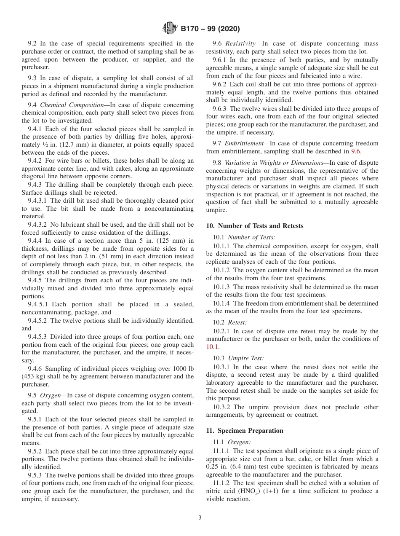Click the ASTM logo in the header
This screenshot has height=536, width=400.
click(x=170, y=29)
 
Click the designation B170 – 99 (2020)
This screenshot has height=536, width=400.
click(x=210, y=29)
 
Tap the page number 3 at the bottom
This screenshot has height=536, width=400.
click(x=200, y=518)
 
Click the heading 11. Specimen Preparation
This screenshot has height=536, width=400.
click(x=245, y=431)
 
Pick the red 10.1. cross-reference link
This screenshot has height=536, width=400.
click(x=213, y=347)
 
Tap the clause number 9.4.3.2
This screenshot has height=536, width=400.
click(x=40, y=225)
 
